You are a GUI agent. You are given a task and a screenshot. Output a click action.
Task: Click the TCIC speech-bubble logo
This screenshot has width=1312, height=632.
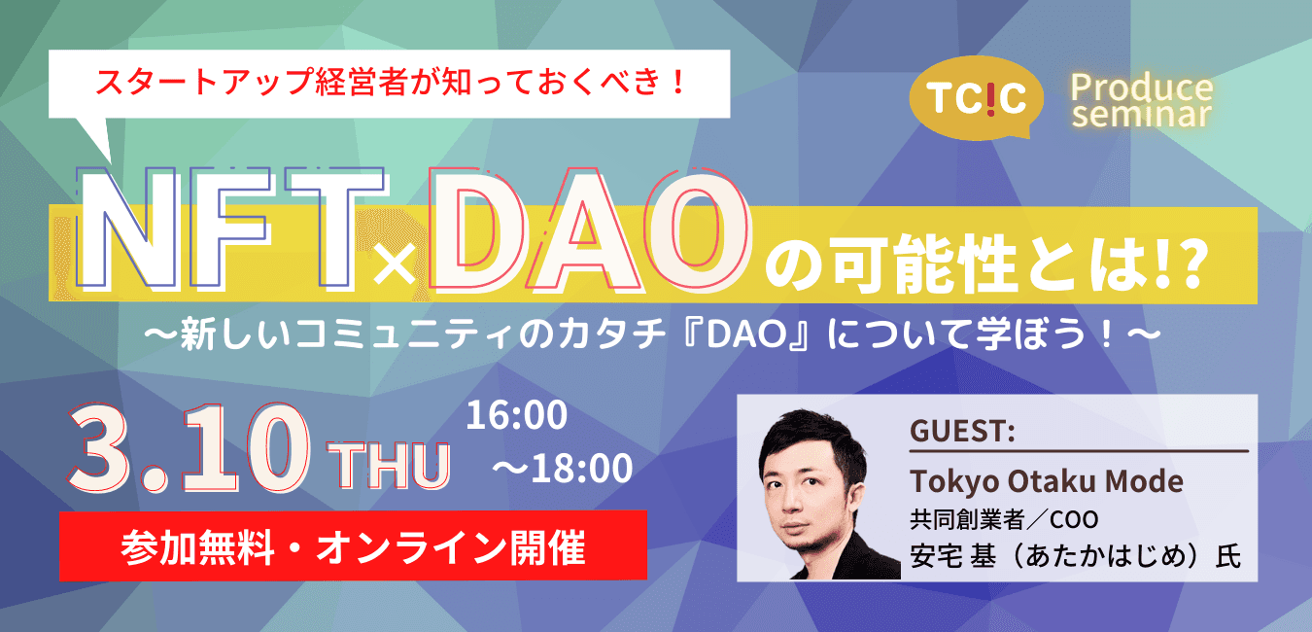[x=977, y=98]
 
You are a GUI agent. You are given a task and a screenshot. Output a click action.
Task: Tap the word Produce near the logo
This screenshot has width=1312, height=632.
[x=1142, y=88]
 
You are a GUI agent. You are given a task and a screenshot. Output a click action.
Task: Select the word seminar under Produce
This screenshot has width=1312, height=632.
[x=1142, y=114]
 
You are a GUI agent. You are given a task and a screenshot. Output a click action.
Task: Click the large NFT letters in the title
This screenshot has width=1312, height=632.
[x=231, y=229]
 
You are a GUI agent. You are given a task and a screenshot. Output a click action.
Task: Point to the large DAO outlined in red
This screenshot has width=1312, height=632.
[x=590, y=229]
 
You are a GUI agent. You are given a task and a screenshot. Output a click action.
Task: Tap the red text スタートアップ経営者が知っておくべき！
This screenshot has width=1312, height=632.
[x=390, y=82]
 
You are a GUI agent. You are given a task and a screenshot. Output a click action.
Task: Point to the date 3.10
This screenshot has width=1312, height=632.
[x=189, y=449]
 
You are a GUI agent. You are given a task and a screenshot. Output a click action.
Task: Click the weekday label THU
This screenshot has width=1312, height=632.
[x=389, y=466]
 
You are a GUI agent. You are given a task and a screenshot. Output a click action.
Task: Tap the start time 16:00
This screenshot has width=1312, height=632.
[x=517, y=415]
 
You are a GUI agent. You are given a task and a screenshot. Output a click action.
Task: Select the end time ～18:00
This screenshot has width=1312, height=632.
[x=563, y=468]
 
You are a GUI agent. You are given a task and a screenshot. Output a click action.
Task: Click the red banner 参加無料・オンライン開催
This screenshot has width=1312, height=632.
[x=353, y=545]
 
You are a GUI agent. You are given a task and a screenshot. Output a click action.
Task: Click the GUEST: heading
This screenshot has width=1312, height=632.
[x=962, y=431]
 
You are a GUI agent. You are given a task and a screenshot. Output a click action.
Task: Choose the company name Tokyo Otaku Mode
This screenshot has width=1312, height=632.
[x=1047, y=481]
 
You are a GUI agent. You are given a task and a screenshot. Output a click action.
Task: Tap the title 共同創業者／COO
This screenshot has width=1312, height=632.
[x=1004, y=519]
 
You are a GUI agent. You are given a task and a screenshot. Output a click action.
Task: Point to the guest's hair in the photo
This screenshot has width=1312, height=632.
[x=812, y=439]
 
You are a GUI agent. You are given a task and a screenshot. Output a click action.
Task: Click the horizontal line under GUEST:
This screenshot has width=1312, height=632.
[x=1079, y=451]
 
